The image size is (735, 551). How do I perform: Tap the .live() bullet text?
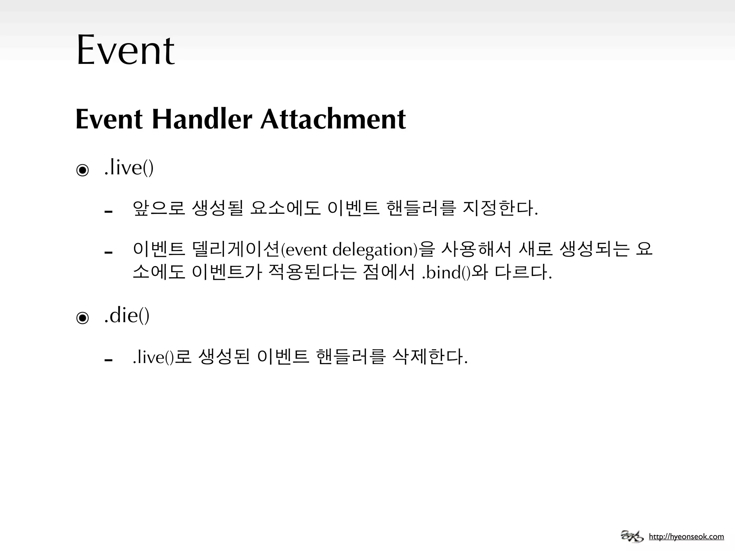pos(129,168)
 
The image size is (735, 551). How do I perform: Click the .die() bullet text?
pos(127,316)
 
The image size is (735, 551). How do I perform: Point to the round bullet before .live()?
pos(83,170)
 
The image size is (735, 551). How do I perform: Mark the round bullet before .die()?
pos(83,318)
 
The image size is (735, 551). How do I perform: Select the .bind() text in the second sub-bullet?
pos(446,273)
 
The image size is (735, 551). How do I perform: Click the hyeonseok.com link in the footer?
pos(686,537)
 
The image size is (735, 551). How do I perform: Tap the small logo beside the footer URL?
pos(632,536)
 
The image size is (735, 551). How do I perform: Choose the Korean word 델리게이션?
pos(236,249)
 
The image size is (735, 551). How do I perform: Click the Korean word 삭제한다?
pos(430,357)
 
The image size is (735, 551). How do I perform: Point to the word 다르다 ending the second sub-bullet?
pos(523,272)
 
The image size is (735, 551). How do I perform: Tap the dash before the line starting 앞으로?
pos(108,212)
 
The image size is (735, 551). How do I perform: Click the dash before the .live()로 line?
pos(108,360)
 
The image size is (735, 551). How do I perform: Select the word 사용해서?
pos(476,249)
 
